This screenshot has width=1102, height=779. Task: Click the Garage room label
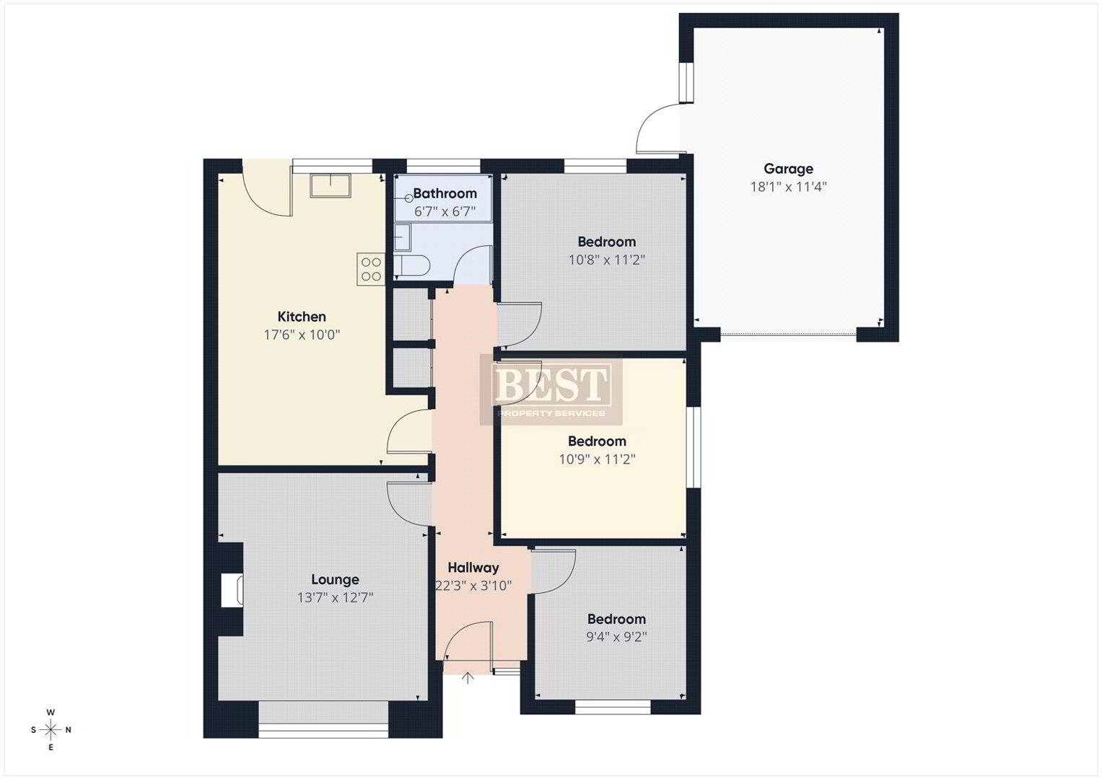tap(788, 169)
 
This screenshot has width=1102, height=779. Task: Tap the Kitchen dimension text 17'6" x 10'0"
tap(302, 335)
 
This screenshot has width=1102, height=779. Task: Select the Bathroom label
tap(445, 193)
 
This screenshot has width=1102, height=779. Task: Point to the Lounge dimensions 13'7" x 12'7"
tap(335, 597)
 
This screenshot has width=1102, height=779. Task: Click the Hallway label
tap(473, 568)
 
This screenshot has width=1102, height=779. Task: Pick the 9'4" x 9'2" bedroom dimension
tap(616, 637)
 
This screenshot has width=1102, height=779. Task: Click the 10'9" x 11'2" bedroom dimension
tap(598, 459)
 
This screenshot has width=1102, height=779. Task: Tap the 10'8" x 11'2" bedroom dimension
tap(607, 260)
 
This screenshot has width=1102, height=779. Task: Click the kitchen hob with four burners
tap(370, 269)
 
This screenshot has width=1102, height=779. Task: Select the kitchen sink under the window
tap(330, 186)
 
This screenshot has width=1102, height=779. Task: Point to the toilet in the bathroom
tap(412, 266)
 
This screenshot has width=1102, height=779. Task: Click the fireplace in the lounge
tap(232, 590)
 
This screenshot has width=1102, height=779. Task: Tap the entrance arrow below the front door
tap(468, 678)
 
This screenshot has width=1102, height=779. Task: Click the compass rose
tap(51, 730)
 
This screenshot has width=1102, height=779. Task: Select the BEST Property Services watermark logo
tap(551, 389)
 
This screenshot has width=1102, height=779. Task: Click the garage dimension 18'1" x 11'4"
tap(788, 187)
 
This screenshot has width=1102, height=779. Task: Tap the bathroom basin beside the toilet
tap(403, 237)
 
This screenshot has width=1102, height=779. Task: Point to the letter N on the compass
tap(69, 730)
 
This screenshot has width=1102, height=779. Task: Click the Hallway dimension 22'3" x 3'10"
tap(473, 586)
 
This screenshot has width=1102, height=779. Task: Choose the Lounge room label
tap(335, 579)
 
